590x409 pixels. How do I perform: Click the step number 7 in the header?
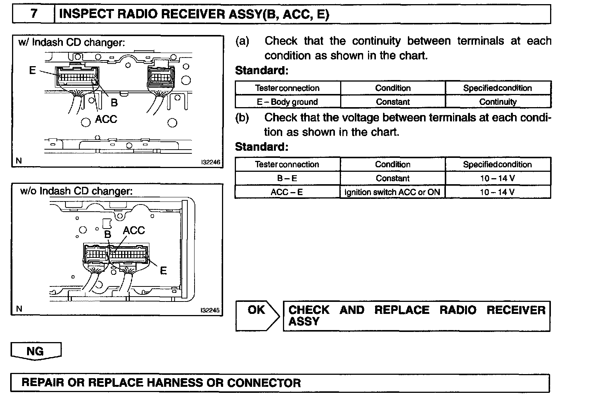(x=34, y=14)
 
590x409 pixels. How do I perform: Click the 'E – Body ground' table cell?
(x=287, y=102)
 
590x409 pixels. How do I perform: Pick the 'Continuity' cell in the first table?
(x=498, y=102)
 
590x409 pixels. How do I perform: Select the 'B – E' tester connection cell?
(x=287, y=178)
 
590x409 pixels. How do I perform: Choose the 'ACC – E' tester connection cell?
(x=287, y=192)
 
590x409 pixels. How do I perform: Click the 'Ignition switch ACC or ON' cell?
(x=392, y=192)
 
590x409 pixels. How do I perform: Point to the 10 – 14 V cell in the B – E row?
(x=497, y=178)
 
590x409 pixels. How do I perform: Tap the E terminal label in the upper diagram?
(x=32, y=70)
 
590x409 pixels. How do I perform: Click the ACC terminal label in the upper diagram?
(x=106, y=119)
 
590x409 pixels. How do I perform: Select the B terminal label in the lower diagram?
(x=108, y=234)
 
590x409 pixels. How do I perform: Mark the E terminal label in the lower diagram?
(x=163, y=271)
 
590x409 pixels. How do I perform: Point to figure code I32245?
(x=210, y=311)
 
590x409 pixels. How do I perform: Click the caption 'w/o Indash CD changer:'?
(x=76, y=191)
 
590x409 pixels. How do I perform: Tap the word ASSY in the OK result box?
(x=304, y=321)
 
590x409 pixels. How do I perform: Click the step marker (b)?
(x=242, y=117)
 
